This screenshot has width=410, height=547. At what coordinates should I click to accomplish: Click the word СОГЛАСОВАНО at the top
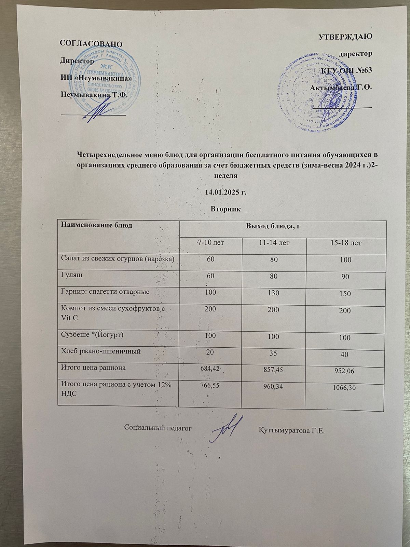(91, 43)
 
